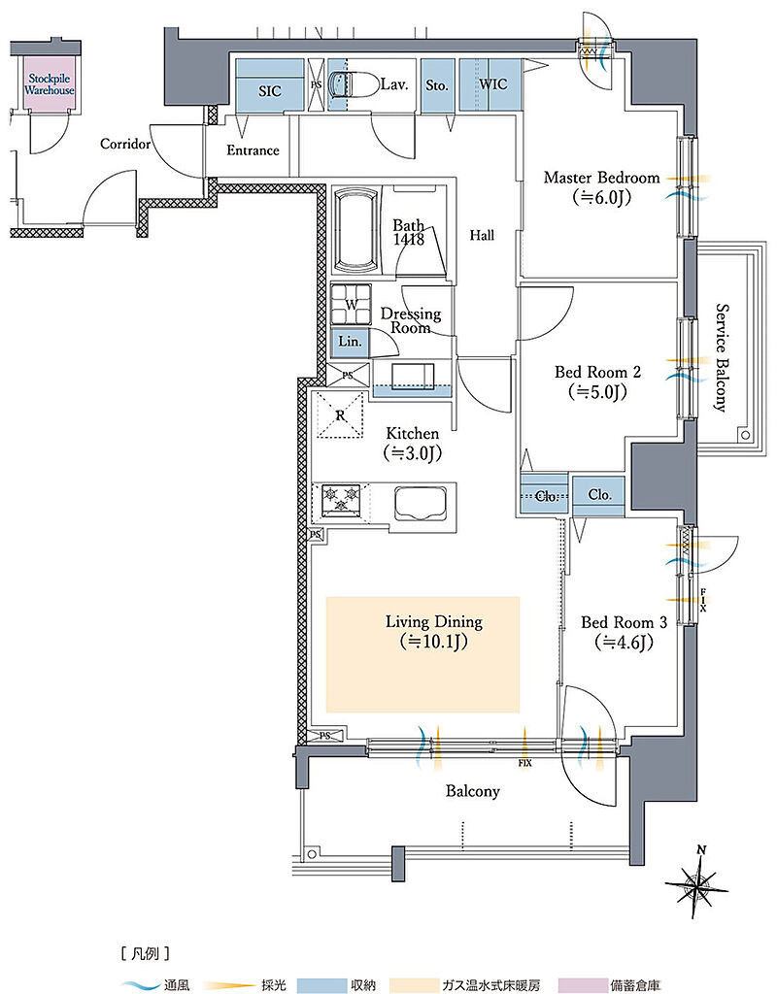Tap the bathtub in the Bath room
click(355, 231)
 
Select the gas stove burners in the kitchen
click(341, 499)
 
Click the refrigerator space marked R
click(341, 415)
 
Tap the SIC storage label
click(270, 91)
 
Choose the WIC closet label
click(492, 83)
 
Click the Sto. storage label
click(437, 85)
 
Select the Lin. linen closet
click(350, 342)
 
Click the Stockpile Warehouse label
click(50, 84)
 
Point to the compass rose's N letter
click(701, 850)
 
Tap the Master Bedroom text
click(601, 178)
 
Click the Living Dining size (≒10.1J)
click(434, 643)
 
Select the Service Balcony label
click(722, 358)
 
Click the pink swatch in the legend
click(582, 984)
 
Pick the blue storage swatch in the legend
click(321, 984)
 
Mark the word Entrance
click(253, 150)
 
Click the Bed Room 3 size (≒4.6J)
click(625, 643)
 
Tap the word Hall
click(482, 235)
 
